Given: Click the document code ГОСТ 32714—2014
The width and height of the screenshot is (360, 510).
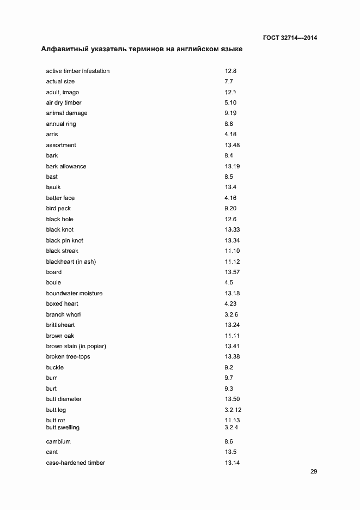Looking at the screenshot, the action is [x=289, y=38].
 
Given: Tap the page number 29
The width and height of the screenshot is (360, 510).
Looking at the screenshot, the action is [x=314, y=472].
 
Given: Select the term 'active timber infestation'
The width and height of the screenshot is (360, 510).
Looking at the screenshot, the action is [x=77, y=71].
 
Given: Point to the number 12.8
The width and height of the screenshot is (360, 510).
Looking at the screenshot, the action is [x=230, y=71].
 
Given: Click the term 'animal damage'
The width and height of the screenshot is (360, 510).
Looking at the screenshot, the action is [x=66, y=113].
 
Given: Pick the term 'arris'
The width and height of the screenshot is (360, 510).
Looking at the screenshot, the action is [x=52, y=135].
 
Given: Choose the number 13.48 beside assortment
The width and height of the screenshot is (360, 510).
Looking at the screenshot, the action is [x=232, y=145].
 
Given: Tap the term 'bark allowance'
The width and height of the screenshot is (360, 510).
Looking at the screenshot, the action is [x=66, y=166].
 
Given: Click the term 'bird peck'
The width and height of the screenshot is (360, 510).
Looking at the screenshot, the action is [x=58, y=209].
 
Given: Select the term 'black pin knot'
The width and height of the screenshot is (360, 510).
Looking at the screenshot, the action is [x=64, y=240].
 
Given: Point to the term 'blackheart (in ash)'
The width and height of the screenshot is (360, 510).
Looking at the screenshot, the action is [x=71, y=262].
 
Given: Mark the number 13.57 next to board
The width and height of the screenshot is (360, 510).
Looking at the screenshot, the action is [x=232, y=272].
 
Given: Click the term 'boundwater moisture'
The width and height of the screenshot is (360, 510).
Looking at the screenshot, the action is [x=74, y=293].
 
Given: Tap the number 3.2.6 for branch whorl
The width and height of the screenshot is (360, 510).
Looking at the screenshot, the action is [x=231, y=314].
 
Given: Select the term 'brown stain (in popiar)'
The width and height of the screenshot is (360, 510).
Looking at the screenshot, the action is [x=76, y=346].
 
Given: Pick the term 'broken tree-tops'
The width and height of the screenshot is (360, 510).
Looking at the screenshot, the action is [x=68, y=357].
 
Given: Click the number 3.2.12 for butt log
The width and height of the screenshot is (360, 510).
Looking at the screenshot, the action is [x=233, y=410].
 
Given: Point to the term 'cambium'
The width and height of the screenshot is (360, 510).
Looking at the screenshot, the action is [x=58, y=441].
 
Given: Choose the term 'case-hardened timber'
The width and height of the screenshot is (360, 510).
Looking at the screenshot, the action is [x=75, y=463].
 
